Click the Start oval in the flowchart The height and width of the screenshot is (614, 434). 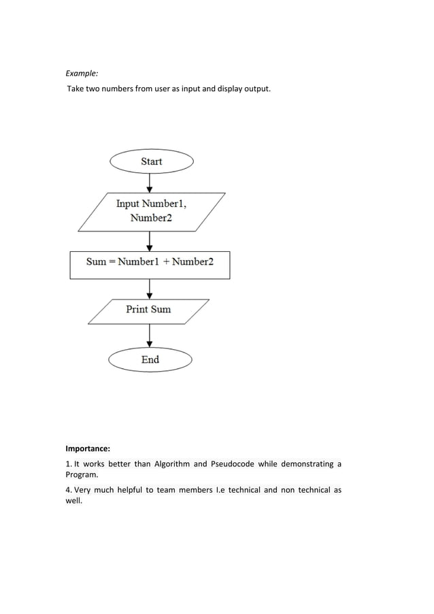[152, 161]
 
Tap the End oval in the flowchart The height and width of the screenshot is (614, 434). [150, 360]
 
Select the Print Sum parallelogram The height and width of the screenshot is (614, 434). [148, 310]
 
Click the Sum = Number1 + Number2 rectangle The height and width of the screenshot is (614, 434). [150, 264]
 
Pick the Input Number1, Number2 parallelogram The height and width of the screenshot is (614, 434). [151, 211]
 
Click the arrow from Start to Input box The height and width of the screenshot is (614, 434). [150, 182]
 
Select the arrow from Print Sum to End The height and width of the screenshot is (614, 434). [150, 335]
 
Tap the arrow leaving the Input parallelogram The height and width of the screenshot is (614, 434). [150, 241]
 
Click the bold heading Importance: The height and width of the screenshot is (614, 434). [88, 449]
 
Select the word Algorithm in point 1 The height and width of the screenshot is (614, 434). [171, 464]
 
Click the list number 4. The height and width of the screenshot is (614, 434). [68, 490]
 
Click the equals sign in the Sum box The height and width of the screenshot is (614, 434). [112, 262]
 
